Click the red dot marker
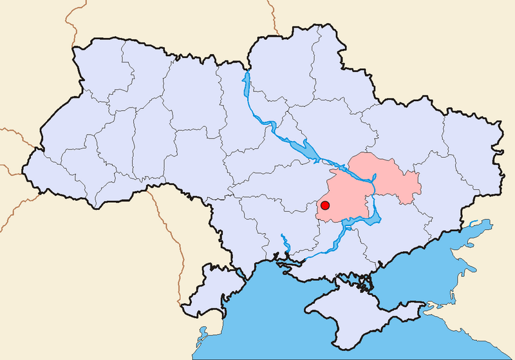click(325, 205)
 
